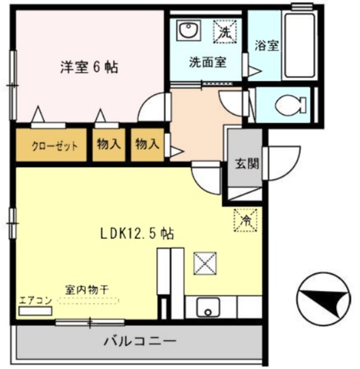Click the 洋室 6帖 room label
[89, 67]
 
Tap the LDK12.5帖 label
[137, 234]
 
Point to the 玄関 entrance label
[246, 163]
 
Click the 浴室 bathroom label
[268, 45]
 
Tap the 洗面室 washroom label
[208, 62]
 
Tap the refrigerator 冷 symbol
[245, 220]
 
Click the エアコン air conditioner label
[36, 300]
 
